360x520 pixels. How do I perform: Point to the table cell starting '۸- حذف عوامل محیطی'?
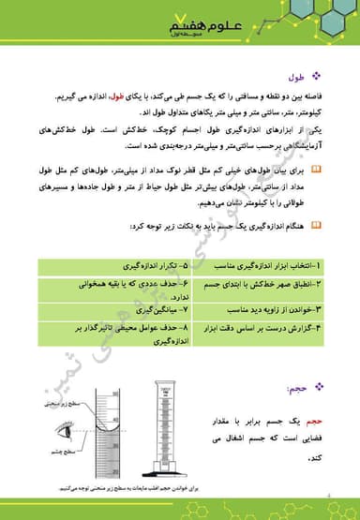tap(139, 334)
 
